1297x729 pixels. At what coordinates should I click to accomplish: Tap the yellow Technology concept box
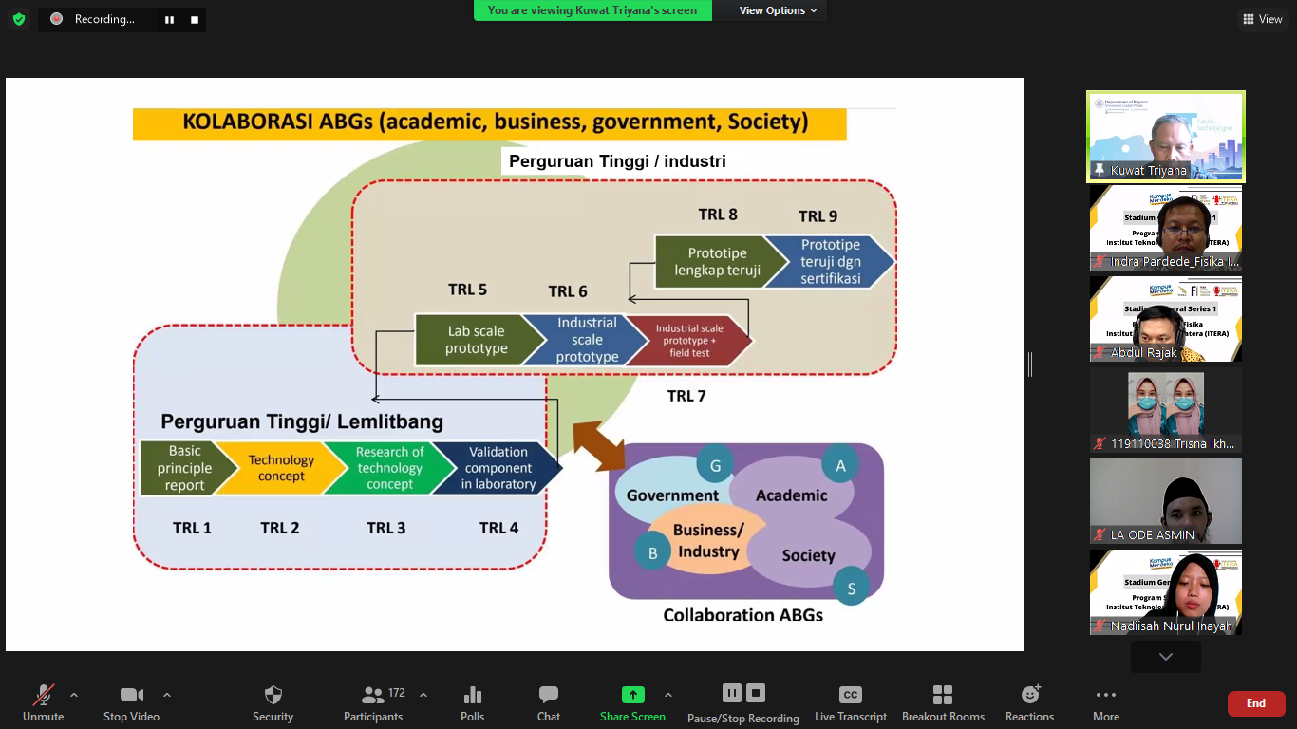tap(281, 468)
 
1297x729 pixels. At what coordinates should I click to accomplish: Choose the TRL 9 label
tap(818, 216)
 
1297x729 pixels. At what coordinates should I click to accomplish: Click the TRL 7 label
tap(686, 396)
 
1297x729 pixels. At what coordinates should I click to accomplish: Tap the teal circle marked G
tap(715, 465)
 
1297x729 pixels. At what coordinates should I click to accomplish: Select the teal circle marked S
tap(851, 589)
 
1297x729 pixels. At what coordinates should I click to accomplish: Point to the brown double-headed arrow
tap(598, 446)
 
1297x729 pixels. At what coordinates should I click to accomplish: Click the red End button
tap(1256, 703)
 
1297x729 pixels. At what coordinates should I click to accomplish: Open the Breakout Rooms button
tap(943, 703)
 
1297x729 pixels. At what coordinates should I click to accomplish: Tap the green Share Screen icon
tap(632, 695)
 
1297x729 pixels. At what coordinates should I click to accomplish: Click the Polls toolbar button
tap(472, 703)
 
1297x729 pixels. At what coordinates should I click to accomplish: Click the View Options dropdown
tap(778, 10)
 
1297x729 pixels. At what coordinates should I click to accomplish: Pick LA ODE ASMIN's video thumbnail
tap(1165, 500)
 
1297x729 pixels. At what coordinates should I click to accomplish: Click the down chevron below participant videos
tap(1165, 657)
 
